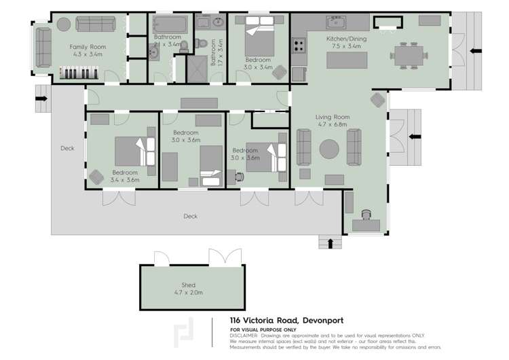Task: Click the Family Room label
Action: point(88,50)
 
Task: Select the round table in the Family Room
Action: point(62,24)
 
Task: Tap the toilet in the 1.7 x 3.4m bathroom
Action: point(199,44)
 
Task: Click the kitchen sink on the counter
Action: point(337,22)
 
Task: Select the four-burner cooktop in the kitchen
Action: point(299,46)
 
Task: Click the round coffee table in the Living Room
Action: point(329,148)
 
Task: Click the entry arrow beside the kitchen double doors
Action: point(476,52)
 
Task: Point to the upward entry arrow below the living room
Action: point(331,243)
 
